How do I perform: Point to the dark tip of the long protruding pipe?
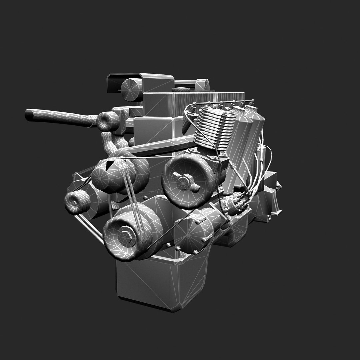click(29, 113)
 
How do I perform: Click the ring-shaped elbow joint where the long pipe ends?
click(108, 121)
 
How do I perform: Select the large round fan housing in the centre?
click(188, 175)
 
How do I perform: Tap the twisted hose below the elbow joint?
click(113, 143)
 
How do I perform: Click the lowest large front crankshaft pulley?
click(133, 233)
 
